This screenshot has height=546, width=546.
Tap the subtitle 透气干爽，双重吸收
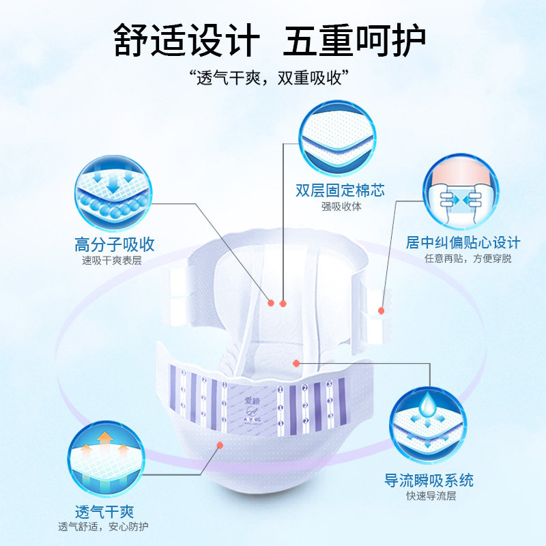[x=272, y=77]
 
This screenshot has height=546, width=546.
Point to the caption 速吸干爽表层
[x=112, y=260]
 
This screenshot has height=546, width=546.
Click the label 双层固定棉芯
[x=340, y=190]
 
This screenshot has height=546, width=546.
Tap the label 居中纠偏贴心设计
[x=463, y=242]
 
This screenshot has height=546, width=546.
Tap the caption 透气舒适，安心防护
[x=104, y=527]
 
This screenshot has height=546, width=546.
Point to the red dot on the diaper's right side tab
[x=382, y=311]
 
